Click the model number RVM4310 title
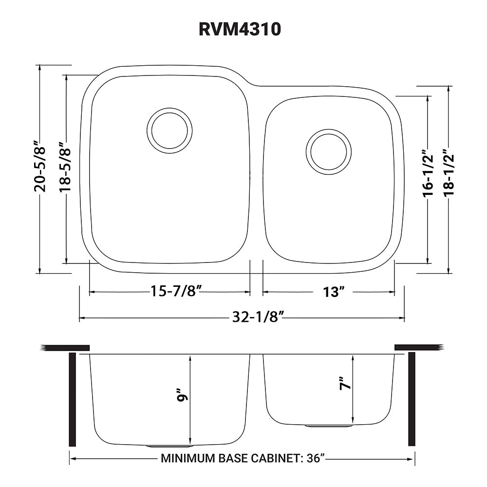point(240,30)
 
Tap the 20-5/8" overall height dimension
point(45,167)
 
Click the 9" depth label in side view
point(183,395)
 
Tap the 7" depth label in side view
point(345,384)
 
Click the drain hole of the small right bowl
point(328,151)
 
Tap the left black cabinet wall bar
point(73,399)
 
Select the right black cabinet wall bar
point(412,399)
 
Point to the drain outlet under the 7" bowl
point(328,426)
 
